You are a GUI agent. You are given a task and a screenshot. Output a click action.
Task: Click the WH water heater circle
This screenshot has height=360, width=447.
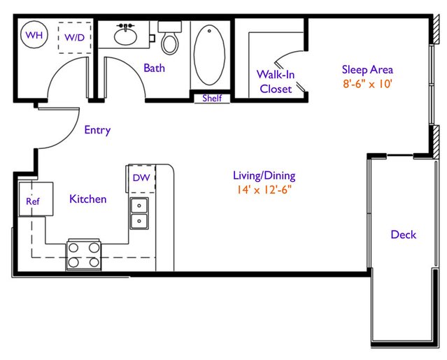click(34, 35)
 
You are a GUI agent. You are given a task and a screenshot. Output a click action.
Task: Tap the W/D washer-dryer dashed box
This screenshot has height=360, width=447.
click(75, 38)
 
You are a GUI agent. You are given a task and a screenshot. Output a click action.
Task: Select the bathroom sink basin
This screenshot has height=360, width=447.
click(125, 36)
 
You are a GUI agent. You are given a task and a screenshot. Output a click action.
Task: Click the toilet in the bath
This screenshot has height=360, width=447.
click(170, 38)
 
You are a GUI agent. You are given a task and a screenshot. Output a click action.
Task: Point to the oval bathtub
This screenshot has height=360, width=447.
click(209, 55)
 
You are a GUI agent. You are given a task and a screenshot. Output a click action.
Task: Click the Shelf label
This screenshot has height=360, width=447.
click(212, 99)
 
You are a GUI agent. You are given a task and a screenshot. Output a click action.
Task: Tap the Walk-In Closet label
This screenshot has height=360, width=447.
click(276, 82)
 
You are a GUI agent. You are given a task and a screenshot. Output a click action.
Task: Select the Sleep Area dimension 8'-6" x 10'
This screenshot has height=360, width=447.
click(368, 84)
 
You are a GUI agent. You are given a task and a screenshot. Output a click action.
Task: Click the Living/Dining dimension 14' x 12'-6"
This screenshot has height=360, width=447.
click(264, 189)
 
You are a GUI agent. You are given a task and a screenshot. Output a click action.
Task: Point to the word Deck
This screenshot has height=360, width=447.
click(404, 235)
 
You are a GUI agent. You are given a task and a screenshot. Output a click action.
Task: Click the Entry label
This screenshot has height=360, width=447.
click(97, 130)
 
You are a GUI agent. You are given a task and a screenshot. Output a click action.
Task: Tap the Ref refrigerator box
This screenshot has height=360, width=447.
click(36, 199)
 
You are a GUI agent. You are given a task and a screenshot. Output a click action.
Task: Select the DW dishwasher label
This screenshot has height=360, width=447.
click(141, 178)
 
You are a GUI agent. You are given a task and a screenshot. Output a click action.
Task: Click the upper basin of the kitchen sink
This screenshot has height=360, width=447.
click(139, 206)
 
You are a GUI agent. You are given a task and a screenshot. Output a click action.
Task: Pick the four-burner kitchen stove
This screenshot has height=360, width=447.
click(84, 255)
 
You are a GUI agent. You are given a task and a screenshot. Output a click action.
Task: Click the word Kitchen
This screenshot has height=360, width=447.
click(88, 199)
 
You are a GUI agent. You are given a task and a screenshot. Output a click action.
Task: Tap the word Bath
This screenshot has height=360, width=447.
click(154, 68)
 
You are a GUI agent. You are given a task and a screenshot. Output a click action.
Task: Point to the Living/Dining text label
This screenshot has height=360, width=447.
click(264, 175)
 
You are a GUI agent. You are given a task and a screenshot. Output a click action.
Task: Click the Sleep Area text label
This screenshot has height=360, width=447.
click(367, 70)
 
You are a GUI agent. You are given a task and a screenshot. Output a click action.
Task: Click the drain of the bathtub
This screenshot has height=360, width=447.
click(210, 31)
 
